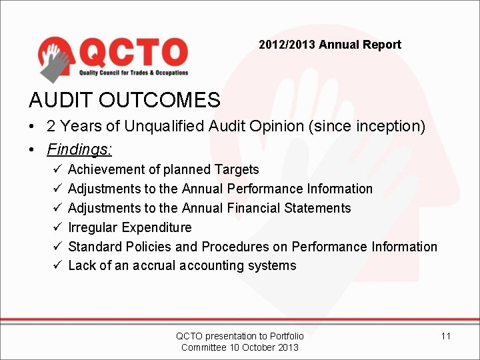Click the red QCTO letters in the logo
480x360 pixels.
(x=134, y=53)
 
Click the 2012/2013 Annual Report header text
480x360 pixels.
(x=330, y=45)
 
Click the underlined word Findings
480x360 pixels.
(x=79, y=145)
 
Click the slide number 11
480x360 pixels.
(x=445, y=336)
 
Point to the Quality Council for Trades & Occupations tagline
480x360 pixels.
(x=134, y=73)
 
